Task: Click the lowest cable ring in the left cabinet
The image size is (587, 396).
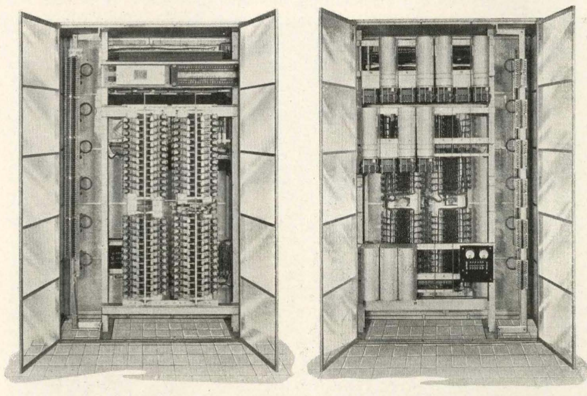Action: click(86, 259)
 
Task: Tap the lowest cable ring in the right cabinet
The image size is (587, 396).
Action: click(511, 264)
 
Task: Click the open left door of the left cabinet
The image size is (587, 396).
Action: click(39, 190)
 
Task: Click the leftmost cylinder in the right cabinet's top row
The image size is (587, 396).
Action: click(388, 62)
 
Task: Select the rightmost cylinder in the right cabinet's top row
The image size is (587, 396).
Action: click(479, 62)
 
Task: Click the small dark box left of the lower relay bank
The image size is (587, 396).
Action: click(115, 259)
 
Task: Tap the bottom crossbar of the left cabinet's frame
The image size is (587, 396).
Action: click(170, 310)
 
